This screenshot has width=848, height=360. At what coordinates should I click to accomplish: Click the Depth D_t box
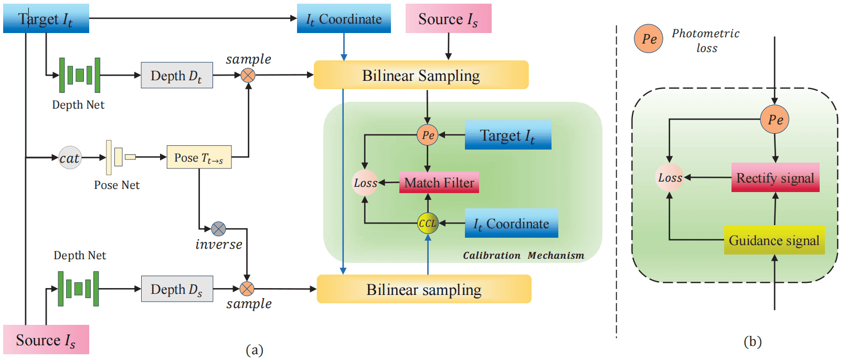click(177, 76)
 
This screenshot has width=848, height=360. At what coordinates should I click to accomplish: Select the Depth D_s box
click(177, 289)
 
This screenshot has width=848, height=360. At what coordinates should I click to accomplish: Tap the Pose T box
click(199, 157)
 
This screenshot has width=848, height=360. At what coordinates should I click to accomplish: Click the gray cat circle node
click(70, 157)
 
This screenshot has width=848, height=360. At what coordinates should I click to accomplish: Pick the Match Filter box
click(439, 183)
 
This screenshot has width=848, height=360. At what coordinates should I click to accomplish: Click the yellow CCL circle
click(428, 223)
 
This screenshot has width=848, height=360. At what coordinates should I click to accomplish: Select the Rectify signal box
click(775, 178)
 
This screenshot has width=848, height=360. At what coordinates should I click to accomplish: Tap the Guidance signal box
click(774, 240)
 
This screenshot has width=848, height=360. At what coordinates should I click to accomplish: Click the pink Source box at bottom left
click(46, 340)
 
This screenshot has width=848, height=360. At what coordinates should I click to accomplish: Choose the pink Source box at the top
click(448, 19)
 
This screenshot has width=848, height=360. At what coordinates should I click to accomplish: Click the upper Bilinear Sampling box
click(421, 75)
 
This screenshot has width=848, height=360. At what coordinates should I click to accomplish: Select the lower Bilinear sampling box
click(424, 289)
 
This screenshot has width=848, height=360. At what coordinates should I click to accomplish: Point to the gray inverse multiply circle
click(219, 229)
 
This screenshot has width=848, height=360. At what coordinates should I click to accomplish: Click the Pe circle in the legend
click(649, 39)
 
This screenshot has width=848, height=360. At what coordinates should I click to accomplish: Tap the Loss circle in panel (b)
click(670, 177)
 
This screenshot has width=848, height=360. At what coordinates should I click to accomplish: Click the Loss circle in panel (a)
click(365, 183)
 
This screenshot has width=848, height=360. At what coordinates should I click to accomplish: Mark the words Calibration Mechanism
click(523, 256)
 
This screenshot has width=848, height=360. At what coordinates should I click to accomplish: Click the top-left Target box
click(46, 19)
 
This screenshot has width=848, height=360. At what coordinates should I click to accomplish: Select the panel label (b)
click(752, 342)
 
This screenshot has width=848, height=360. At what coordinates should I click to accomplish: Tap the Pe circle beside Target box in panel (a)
click(428, 135)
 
